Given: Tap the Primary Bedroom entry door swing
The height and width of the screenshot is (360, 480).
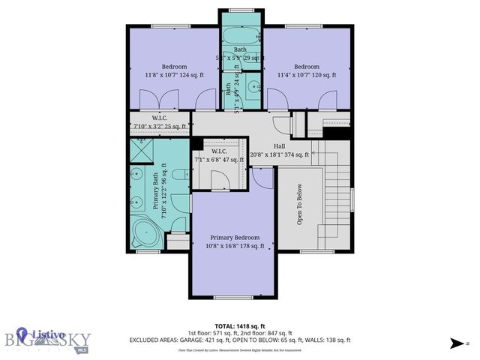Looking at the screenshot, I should tap(262, 178).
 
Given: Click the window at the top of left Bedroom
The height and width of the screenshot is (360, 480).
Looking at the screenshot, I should tap(163, 27).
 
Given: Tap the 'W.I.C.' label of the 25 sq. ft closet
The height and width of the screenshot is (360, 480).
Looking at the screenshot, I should tap(158, 117).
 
